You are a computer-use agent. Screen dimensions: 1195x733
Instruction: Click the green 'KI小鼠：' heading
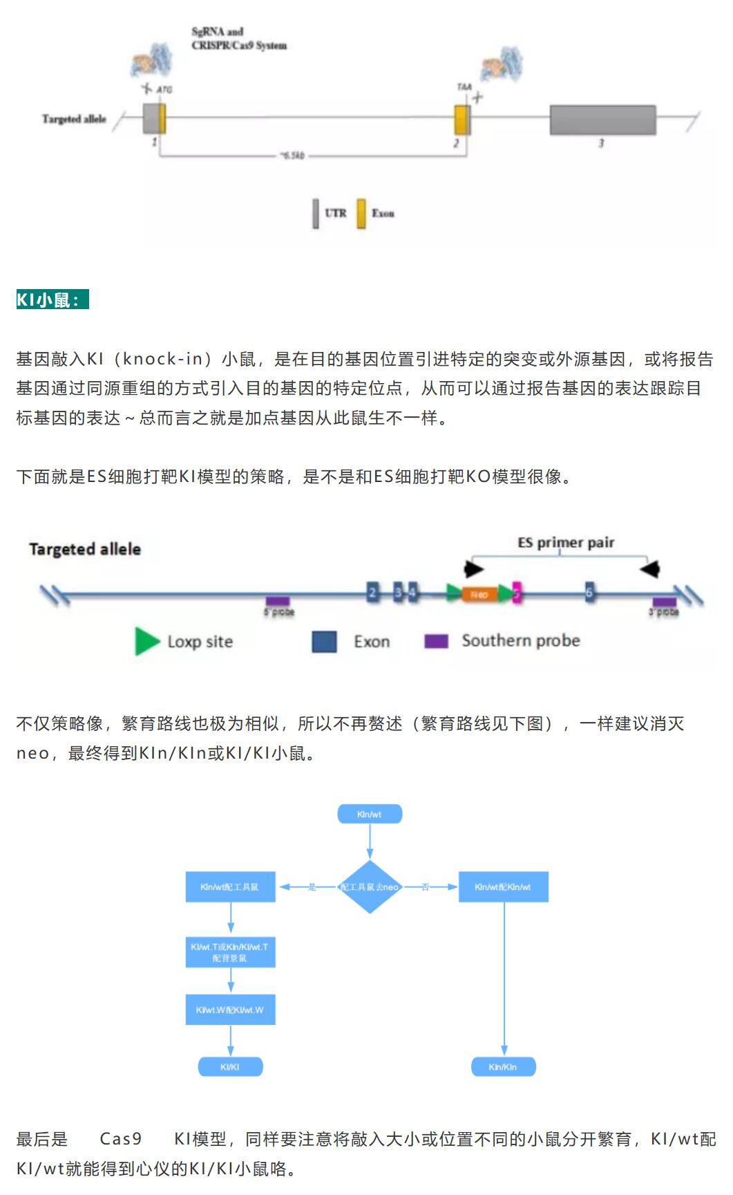pos(53,300)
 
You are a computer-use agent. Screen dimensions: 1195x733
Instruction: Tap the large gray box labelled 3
pos(602,120)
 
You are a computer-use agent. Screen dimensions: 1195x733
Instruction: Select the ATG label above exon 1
pos(164,90)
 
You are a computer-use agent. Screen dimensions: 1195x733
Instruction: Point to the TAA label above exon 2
pos(464,87)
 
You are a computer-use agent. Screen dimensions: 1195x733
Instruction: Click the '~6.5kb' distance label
pos(291,156)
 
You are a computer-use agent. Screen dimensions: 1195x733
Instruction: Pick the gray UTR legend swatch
pos(316,214)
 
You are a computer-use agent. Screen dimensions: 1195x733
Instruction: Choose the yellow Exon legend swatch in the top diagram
pos(361,214)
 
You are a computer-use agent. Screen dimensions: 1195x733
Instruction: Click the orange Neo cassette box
pos(479,594)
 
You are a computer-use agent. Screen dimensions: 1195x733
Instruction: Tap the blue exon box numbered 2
pos(373,592)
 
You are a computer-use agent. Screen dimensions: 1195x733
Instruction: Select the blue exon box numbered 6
pos(589,592)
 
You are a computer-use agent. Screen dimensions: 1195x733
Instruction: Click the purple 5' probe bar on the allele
pos(278,601)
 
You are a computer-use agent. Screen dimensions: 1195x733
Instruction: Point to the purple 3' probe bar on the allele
pos(664,602)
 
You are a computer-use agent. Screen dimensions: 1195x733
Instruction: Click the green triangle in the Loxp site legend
pos(146,641)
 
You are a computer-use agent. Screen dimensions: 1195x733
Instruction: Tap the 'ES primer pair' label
pos(566,543)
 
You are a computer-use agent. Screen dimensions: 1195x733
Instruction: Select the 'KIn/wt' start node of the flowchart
pos(370,815)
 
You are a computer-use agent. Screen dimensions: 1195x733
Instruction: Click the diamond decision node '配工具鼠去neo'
pos(370,887)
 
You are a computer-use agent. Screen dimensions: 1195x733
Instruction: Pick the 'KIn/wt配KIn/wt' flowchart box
pos(503,887)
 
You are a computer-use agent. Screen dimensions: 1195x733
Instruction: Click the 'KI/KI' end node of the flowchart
pos(230,1067)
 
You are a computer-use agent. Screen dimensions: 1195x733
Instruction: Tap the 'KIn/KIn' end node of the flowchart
pos(503,1067)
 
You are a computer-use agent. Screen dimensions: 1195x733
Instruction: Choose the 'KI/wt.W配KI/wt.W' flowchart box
pos(230,1010)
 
